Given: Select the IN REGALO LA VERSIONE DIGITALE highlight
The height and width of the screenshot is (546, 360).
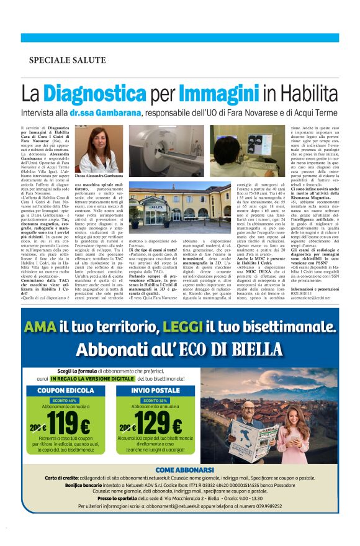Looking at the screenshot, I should [92, 378].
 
